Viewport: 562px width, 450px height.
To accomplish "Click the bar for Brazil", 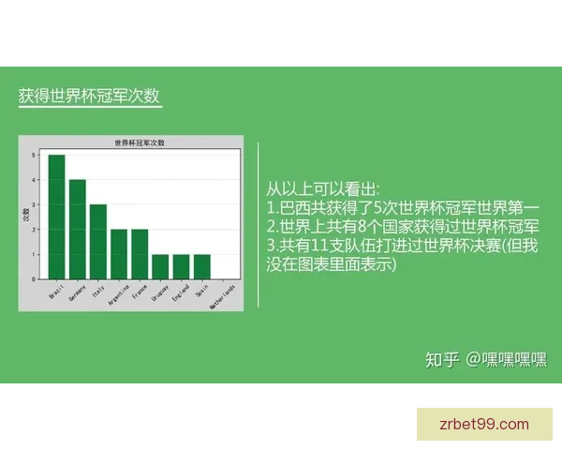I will [x=57, y=217].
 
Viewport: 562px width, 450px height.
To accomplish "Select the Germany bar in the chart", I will [x=78, y=229].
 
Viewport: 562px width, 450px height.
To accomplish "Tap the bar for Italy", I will [x=98, y=241].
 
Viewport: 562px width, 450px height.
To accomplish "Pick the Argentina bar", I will [x=119, y=254].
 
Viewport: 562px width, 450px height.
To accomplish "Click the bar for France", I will [x=140, y=254].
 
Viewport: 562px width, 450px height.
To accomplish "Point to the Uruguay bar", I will [x=160, y=266].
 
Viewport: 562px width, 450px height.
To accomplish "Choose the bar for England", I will [x=181, y=266].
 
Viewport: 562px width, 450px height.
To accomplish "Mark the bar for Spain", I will [x=201, y=266].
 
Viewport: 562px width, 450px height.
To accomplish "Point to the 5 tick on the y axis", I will [x=34, y=155].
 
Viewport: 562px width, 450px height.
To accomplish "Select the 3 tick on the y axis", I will [x=34, y=204].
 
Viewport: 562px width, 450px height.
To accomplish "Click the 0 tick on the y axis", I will [x=34, y=278].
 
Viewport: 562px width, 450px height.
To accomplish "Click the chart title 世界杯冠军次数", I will [x=139, y=143].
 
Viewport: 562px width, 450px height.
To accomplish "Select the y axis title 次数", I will [x=25, y=215].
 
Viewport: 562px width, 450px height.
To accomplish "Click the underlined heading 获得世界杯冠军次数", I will [x=94, y=97].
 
